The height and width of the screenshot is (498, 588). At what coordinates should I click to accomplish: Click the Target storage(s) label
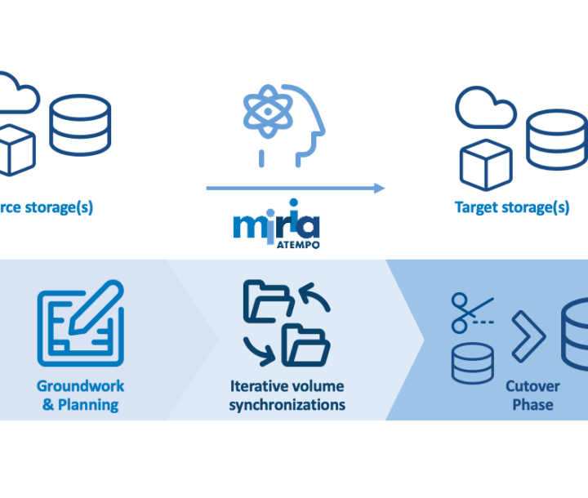tap(512, 207)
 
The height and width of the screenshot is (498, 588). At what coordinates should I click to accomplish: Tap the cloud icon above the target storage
tap(485, 108)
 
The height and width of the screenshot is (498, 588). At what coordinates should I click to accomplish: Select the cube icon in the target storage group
tap(486, 166)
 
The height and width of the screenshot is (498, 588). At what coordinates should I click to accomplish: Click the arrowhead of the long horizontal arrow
tap(379, 189)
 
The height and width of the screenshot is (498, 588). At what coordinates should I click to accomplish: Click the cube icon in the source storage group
tap(16, 151)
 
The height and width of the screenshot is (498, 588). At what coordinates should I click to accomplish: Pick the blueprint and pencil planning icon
tap(80, 323)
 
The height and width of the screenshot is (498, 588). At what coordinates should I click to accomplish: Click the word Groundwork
tap(80, 386)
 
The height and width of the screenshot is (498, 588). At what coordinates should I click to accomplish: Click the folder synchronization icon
tap(287, 323)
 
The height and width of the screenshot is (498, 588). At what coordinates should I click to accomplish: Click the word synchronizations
tap(287, 404)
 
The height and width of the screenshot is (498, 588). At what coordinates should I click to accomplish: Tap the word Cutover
tap(532, 386)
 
